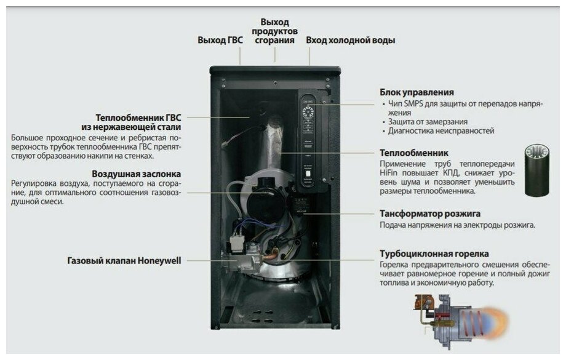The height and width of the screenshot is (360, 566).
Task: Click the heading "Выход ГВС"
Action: coord(220,40)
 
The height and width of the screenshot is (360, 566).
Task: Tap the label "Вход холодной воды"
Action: coord(350,40)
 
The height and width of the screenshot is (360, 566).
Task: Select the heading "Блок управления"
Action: coord(417,92)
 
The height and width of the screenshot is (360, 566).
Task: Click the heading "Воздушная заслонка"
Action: coord(136,174)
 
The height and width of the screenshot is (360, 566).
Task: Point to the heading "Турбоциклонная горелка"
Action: coord(434,254)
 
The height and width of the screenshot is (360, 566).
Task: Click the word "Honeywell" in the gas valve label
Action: coord(159,260)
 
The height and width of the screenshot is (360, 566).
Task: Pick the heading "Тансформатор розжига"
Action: coord(430,214)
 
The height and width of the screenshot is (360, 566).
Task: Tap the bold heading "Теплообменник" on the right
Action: coord(413,153)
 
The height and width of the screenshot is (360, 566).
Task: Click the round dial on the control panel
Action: coord(308,113)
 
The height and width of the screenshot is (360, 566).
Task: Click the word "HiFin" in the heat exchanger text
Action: coord(391,174)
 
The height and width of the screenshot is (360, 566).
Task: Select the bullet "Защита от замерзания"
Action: coord(428,122)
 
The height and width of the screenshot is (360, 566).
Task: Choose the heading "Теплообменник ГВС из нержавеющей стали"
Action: coord(138,122)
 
